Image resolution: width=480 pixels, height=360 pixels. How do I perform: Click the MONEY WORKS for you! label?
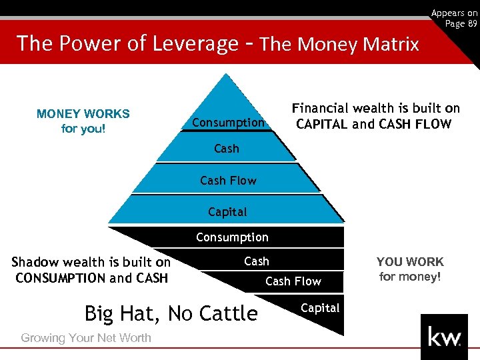83,121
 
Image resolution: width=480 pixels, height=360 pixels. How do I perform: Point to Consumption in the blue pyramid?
229,123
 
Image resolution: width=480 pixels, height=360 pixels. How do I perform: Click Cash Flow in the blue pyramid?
228,181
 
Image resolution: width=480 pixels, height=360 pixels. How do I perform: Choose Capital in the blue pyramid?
227,212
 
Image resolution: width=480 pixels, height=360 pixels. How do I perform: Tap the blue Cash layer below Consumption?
226,149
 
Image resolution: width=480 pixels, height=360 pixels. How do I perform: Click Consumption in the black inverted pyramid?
232,237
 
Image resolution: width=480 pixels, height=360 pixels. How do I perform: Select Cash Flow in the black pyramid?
293,281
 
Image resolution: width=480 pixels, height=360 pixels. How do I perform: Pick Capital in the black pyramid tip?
320,308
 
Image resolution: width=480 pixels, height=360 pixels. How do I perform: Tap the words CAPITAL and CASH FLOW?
374,124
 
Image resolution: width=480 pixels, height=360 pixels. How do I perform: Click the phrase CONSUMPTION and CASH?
91,278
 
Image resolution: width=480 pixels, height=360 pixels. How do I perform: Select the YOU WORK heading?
410,262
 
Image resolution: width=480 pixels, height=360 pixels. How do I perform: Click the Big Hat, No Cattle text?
171,313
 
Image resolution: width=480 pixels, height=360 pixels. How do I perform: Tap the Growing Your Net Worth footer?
86,338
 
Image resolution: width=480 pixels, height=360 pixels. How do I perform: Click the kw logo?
444,337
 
